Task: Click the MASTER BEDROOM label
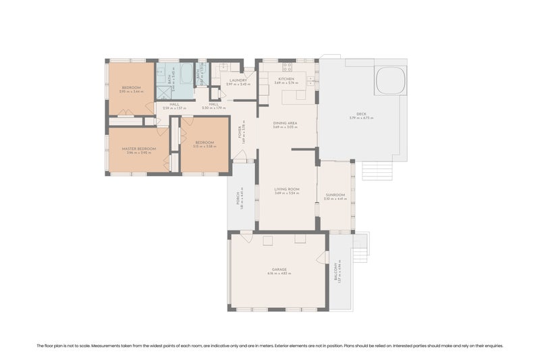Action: (138, 149)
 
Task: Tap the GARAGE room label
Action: (279, 269)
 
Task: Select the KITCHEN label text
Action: (286, 80)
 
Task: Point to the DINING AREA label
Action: (286, 123)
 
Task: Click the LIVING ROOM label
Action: (286, 189)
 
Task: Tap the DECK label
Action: (361, 114)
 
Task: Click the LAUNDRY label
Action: (238, 80)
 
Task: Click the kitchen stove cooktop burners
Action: (287, 66)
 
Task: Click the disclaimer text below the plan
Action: (270, 345)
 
